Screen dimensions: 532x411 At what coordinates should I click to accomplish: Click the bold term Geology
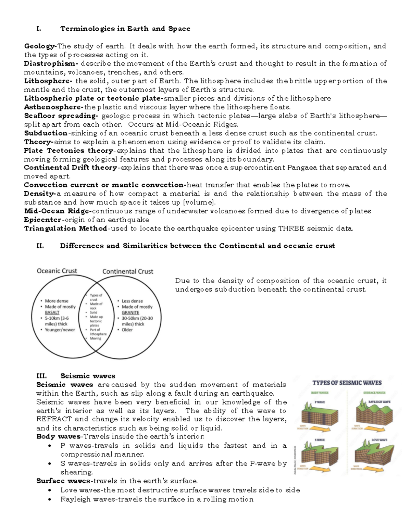point(40,46)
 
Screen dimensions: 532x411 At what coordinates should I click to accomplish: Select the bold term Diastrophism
point(51,64)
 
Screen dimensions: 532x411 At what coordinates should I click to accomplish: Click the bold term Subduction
point(46,133)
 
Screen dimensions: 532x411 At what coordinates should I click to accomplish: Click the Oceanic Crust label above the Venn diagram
point(57,271)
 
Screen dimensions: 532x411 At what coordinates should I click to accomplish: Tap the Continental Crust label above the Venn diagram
point(128,272)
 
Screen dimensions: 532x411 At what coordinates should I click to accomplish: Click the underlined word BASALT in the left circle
point(52,312)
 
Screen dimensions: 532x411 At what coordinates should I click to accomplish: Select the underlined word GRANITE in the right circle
point(130,312)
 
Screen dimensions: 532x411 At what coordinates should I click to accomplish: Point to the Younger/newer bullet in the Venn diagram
point(60,330)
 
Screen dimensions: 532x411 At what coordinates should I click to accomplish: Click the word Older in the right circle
point(127,330)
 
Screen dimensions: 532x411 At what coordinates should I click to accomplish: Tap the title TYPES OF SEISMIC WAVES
point(347,383)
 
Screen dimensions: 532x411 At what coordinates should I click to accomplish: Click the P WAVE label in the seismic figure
point(320,402)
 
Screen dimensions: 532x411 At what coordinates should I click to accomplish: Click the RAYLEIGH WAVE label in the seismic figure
point(379,402)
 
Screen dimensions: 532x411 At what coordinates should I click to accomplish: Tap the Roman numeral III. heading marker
point(41,376)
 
